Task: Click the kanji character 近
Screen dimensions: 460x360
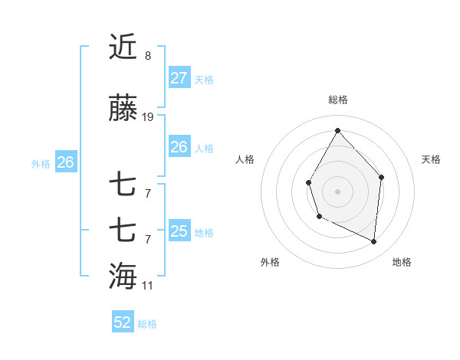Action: [123, 47]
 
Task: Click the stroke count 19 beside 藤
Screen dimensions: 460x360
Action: [148, 117]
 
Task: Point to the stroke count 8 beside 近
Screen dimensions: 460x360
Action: [148, 56]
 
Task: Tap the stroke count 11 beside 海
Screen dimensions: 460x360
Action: [148, 286]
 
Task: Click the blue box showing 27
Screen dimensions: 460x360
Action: [179, 77]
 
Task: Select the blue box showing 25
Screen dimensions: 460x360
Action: [179, 231]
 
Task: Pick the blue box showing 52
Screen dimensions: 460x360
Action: [123, 322]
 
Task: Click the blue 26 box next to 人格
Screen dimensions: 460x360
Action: [179, 146]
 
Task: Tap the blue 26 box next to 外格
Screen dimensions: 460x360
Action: [65, 162]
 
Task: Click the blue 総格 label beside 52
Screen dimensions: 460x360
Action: [147, 324]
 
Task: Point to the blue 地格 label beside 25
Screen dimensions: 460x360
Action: [204, 233]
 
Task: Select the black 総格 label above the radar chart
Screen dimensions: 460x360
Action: [337, 100]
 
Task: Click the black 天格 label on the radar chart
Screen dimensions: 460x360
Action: [432, 159]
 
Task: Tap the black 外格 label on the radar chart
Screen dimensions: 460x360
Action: [270, 262]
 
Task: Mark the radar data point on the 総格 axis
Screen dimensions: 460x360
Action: [337, 129]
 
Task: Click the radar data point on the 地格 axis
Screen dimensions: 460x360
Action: [374, 242]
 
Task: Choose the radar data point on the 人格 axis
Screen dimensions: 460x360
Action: [308, 182]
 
